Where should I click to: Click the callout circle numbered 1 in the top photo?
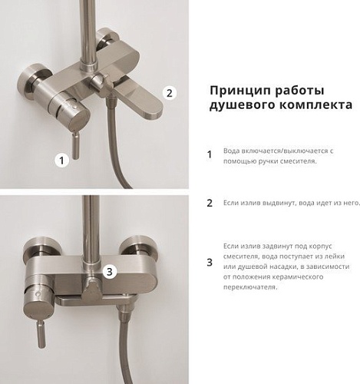pos(63,160)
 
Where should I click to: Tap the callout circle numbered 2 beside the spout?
pos(171,92)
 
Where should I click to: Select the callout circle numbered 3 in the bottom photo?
pos(110,270)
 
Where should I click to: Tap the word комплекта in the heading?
pos(311,106)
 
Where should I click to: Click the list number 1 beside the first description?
pos(209,154)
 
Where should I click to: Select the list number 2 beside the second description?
pos(209,204)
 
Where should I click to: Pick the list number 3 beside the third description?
pos(209,263)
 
